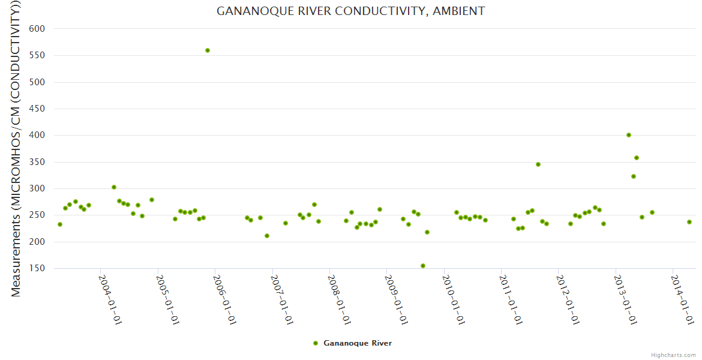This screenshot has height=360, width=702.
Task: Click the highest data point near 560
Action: click(208, 50)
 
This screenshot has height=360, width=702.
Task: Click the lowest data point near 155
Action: click(423, 266)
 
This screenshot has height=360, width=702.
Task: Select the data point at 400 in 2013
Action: click(629, 135)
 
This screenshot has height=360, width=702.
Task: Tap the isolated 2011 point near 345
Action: click(538, 164)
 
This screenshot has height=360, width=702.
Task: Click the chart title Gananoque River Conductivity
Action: click(351, 11)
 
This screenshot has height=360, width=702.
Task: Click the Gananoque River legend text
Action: click(358, 343)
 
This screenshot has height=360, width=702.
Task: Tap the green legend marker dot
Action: click(316, 343)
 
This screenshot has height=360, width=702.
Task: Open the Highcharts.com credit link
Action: click(673, 355)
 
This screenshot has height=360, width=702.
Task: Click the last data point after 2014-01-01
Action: click(689, 222)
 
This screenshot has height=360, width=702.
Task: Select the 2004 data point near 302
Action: click(114, 187)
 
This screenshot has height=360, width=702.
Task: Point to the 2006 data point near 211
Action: click(267, 236)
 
